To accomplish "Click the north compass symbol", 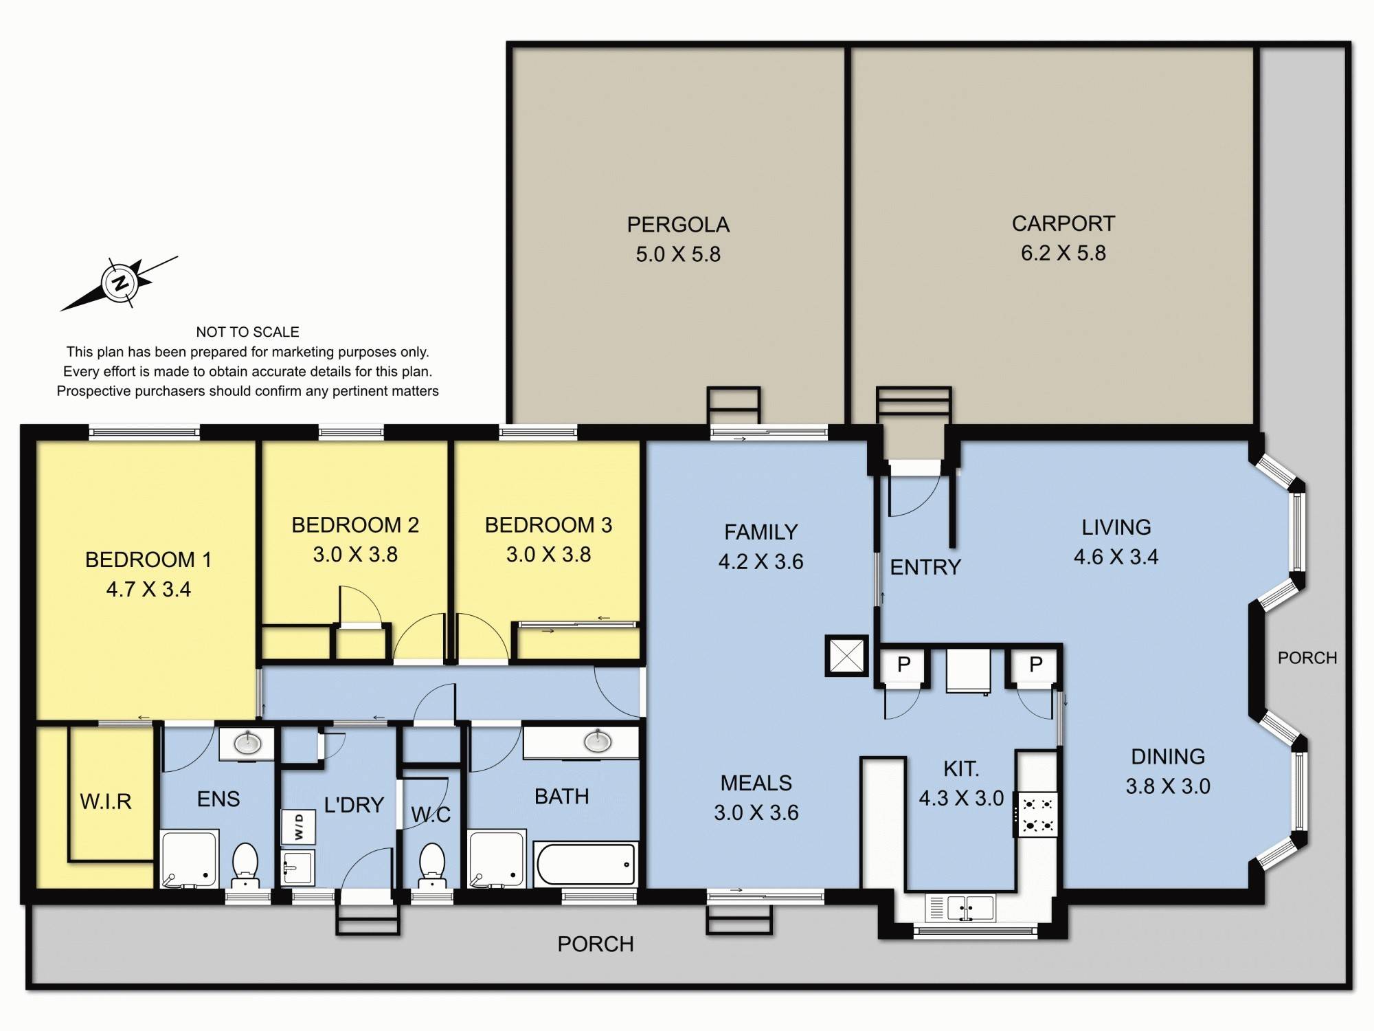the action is pyautogui.click(x=121, y=282).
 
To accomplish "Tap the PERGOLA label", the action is pyautogui.click(x=678, y=225).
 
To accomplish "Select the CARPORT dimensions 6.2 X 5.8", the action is pyautogui.click(x=1063, y=253).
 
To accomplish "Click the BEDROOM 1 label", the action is pyautogui.click(x=148, y=559).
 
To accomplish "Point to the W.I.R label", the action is pyautogui.click(x=105, y=801).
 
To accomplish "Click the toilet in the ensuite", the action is pyautogui.click(x=245, y=865).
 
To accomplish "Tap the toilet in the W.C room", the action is pyautogui.click(x=432, y=865).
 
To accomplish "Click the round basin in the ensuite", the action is pyautogui.click(x=247, y=743).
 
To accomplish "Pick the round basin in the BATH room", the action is pyautogui.click(x=598, y=741).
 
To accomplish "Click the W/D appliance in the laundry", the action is pyautogui.click(x=299, y=827).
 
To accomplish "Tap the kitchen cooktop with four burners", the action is pyautogui.click(x=1037, y=814).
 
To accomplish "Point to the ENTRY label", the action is pyautogui.click(x=925, y=567).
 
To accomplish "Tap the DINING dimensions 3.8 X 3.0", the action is pyautogui.click(x=1168, y=786).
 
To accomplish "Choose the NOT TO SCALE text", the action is pyautogui.click(x=248, y=332).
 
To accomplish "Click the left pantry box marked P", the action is pyautogui.click(x=904, y=664).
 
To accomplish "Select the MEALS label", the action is pyautogui.click(x=756, y=783).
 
